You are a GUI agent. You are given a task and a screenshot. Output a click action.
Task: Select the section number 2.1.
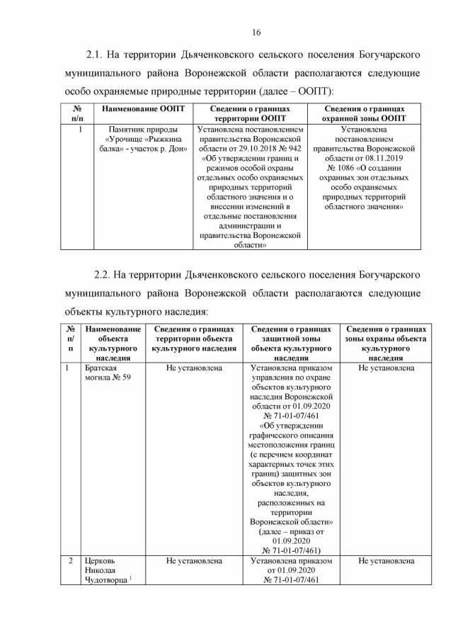tap(96, 55)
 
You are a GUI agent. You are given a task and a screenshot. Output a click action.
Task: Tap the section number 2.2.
tap(104, 274)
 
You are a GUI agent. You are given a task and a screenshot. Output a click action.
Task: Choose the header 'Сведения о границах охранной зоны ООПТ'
tap(364, 113)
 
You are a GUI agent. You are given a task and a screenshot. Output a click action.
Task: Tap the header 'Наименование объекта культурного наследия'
tap(113, 344)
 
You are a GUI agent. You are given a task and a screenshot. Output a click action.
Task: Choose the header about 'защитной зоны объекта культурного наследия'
tap(291, 344)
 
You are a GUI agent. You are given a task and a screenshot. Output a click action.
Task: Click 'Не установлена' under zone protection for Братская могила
tap(386, 368)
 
